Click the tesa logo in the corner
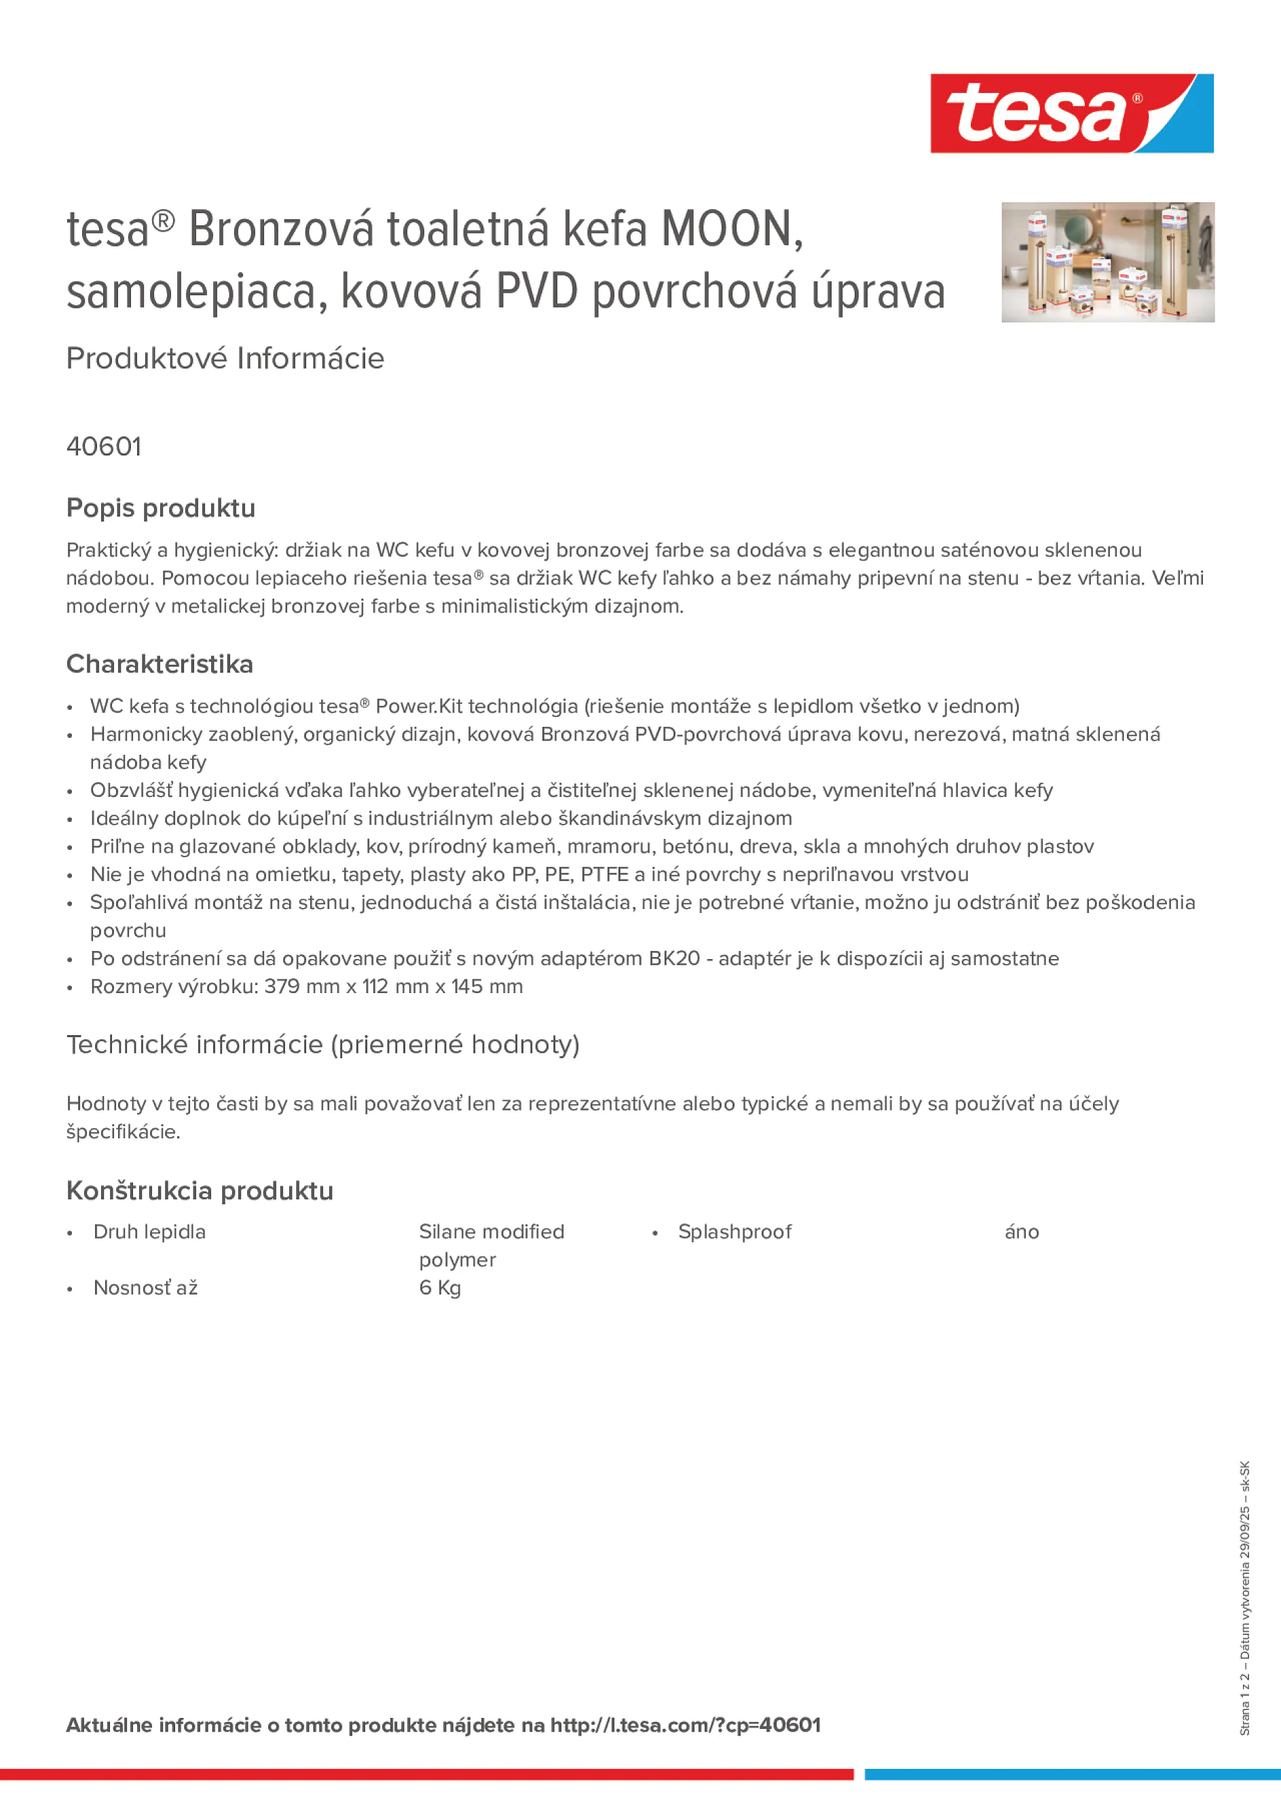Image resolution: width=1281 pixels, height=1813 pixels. pyautogui.click(x=1071, y=114)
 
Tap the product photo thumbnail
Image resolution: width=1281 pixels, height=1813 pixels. pyautogui.click(x=1107, y=262)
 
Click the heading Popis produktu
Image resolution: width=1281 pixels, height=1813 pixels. pyautogui.click(x=161, y=508)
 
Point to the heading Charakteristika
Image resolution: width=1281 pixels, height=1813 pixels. pyautogui.click(x=160, y=664)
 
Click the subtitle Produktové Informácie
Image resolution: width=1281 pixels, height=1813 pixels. pyautogui.click(x=225, y=358)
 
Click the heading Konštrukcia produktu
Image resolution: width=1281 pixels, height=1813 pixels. pyautogui.click(x=200, y=1191)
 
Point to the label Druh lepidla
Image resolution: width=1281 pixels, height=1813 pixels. pyautogui.click(x=149, y=1232)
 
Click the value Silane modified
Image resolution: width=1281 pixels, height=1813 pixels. pyautogui.click(x=491, y=1232)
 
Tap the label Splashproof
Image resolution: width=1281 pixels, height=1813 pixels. pyautogui.click(x=735, y=1232)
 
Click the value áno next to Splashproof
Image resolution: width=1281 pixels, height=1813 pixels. pyautogui.click(x=1021, y=1232)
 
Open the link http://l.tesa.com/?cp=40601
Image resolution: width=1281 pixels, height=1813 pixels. pyautogui.click(x=686, y=1725)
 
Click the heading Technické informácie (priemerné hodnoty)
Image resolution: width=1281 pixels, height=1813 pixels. pyautogui.click(x=323, y=1045)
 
